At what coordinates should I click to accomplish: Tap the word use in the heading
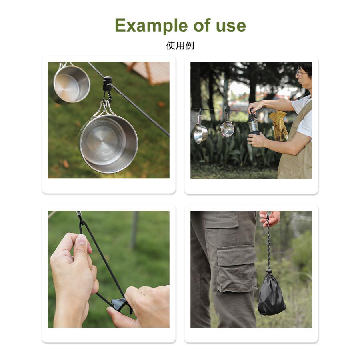(231, 26)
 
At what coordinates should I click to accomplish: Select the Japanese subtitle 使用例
(180, 46)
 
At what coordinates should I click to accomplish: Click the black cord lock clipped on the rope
(108, 84)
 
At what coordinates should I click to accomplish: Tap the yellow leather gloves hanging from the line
(279, 126)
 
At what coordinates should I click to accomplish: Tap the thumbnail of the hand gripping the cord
(82, 239)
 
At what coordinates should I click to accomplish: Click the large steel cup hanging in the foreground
(108, 143)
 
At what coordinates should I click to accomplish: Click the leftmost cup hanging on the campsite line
(200, 132)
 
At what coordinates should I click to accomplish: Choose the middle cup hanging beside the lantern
(227, 128)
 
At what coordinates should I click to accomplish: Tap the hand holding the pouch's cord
(270, 218)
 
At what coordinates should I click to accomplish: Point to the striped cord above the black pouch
(268, 243)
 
